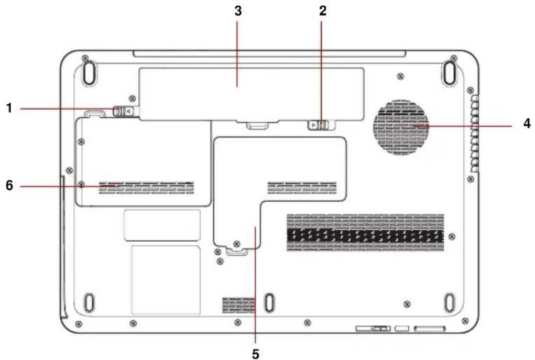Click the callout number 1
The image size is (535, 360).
(9, 108)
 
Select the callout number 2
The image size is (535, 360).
(322, 10)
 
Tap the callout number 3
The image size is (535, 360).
(238, 10)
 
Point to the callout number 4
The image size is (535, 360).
(527, 123)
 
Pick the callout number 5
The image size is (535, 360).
(256, 354)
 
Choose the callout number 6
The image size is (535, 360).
(9, 186)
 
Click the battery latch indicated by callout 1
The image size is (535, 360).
(123, 111)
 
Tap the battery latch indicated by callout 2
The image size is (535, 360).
(319, 125)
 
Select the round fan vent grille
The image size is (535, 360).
(400, 127)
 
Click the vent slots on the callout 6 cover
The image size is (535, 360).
(146, 188)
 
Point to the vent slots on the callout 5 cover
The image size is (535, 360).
(302, 188)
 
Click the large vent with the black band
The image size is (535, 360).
(365, 233)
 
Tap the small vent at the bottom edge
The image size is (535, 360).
(239, 305)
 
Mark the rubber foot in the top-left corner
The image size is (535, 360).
(89, 72)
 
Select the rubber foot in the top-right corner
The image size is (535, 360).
(450, 72)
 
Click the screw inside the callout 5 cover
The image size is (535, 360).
(236, 243)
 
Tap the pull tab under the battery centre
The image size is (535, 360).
(257, 125)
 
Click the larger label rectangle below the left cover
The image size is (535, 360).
(166, 279)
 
